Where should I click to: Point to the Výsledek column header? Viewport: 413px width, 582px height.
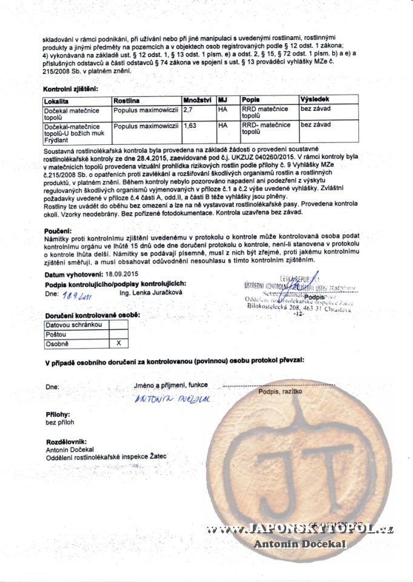315,100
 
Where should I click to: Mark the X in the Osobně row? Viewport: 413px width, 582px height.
118,344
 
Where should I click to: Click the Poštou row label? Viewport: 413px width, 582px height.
56,335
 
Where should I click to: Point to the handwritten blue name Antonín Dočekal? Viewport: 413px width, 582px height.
171,399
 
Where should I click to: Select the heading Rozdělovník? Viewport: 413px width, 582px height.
66,442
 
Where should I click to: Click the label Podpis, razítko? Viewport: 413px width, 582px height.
280,393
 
